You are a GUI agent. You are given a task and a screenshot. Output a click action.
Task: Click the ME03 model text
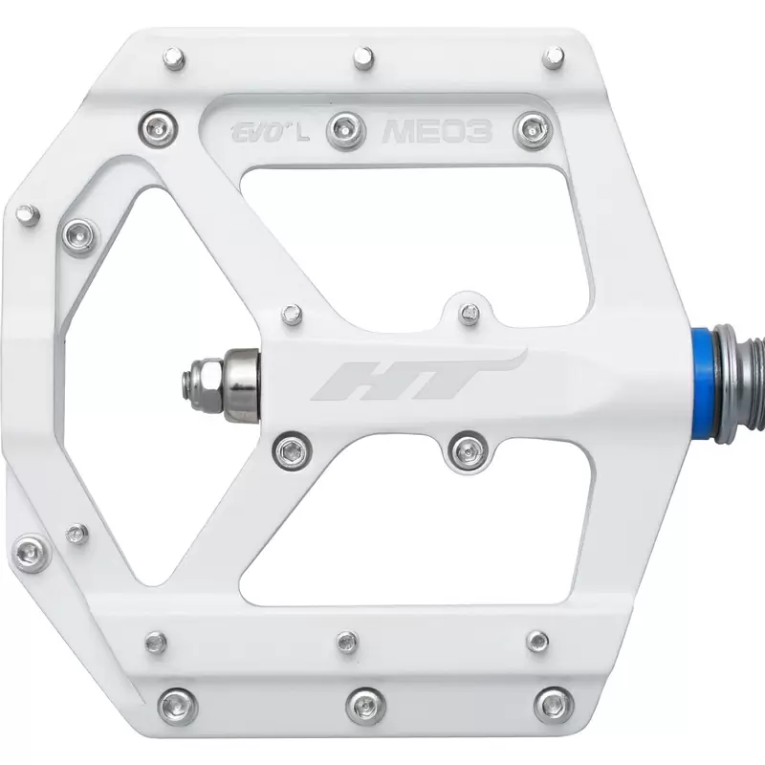tap(437, 131)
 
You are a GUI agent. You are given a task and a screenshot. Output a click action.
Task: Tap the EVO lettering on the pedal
tap(257, 133)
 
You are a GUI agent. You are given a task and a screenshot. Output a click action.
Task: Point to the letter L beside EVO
tap(302, 134)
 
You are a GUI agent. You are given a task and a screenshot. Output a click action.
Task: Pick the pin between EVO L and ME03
tap(346, 131)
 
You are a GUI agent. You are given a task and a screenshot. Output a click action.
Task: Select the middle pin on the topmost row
tap(363, 57)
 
